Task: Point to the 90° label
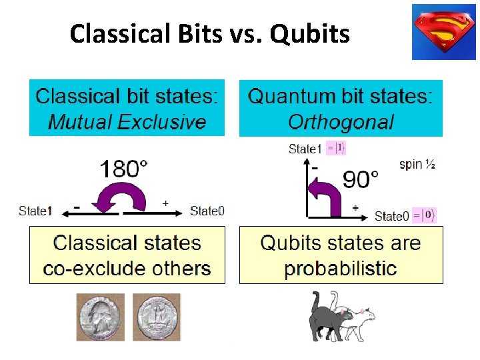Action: pos(360,179)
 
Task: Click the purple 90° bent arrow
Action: pos(329,193)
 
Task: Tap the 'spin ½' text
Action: pos(417,164)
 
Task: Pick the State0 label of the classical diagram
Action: pos(207,211)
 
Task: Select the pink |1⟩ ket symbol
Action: pos(337,148)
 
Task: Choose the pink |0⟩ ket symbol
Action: pos(424,215)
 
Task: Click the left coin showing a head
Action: pos(100,317)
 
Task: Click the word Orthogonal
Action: pos(341,122)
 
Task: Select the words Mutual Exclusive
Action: pos(127,122)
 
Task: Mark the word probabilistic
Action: pos(340,269)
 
